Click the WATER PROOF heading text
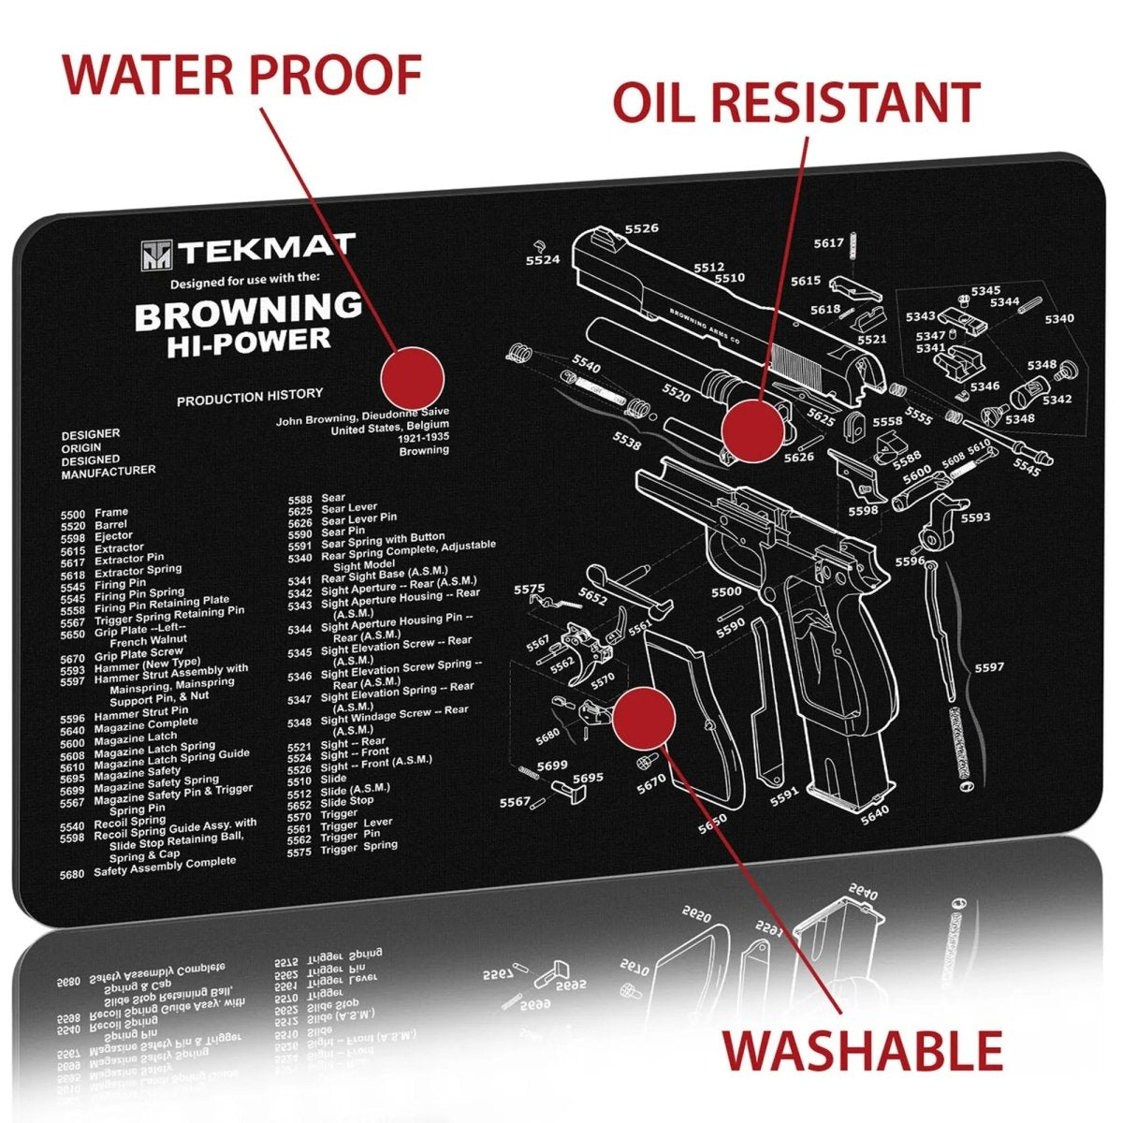(241, 75)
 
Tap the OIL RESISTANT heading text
(795, 102)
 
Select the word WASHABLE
(862, 1049)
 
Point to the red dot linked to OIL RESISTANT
(753, 430)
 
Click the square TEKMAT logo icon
(156, 255)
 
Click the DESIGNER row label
(91, 434)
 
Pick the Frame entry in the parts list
(111, 512)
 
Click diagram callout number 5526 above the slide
(641, 228)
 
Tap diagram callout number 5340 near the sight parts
(1059, 318)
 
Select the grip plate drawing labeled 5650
(693, 711)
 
